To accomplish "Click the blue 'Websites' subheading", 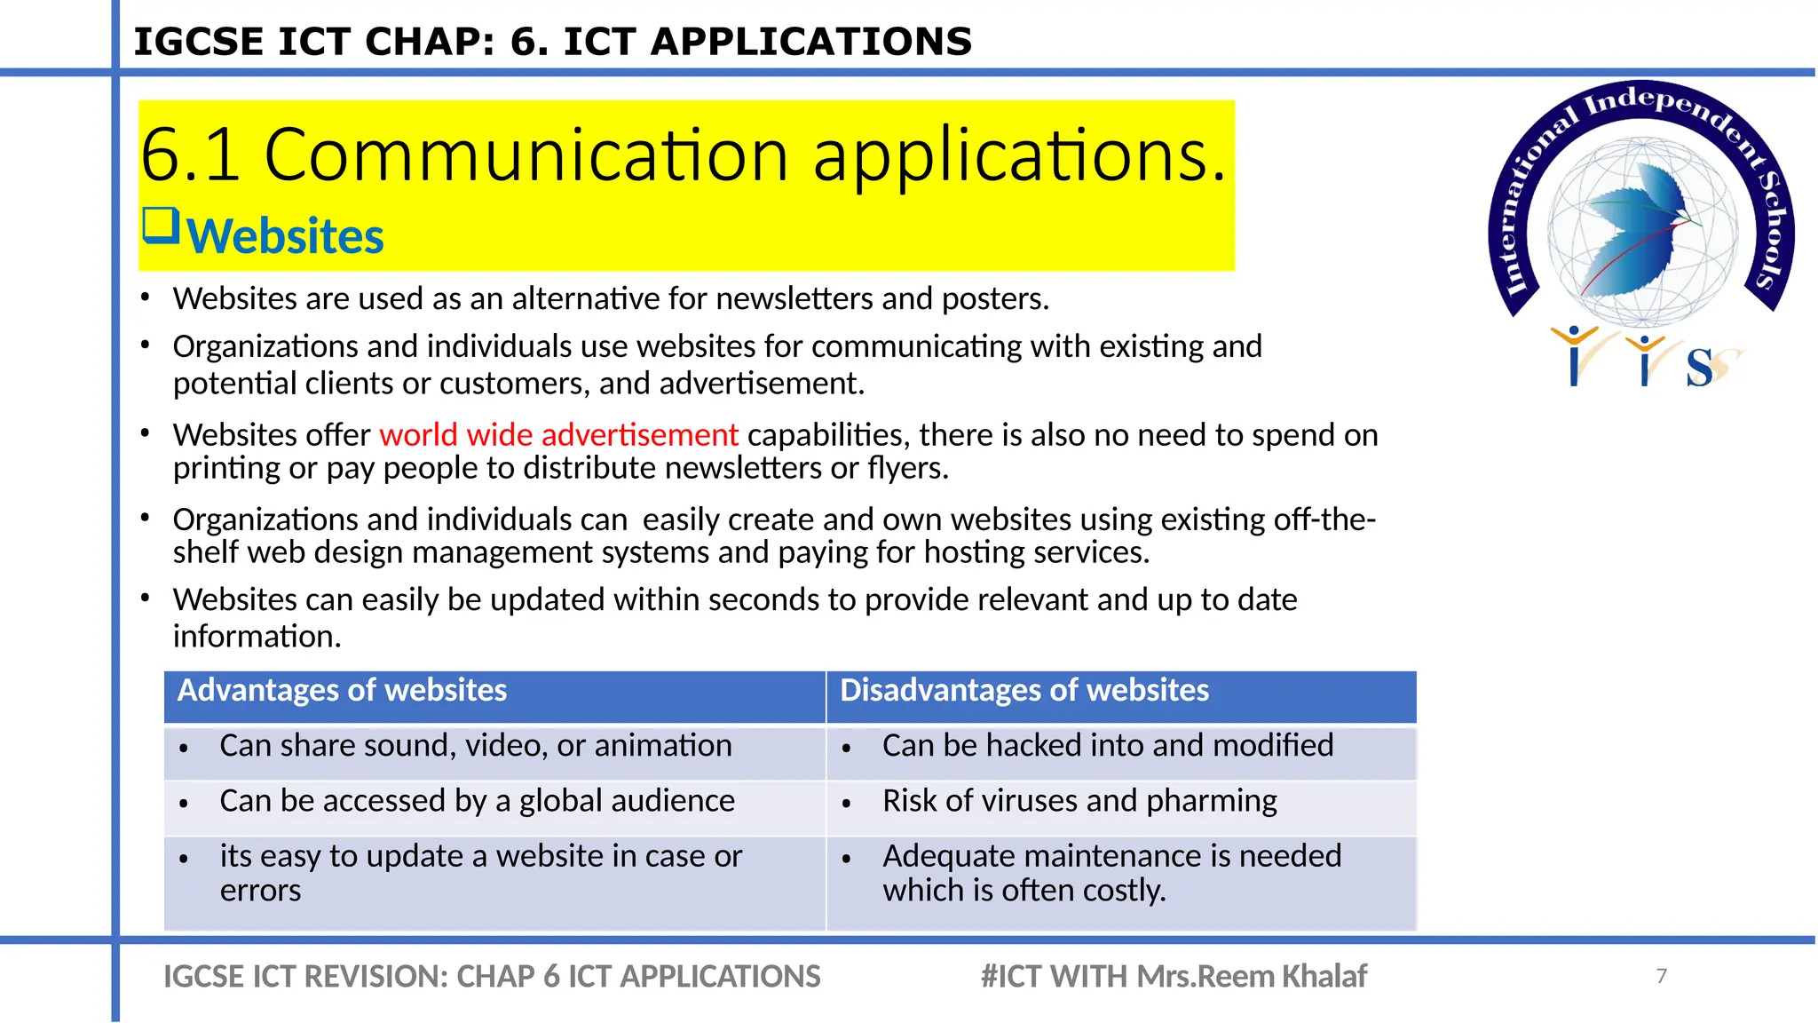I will [285, 237].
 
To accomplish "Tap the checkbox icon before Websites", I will [161, 226].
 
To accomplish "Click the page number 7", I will [1661, 976].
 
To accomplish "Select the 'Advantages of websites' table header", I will [342, 691].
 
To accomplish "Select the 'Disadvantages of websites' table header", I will [1024, 691].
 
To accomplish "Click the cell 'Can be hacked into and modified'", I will [1107, 746].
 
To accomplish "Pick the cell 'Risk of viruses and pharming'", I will [1079, 801].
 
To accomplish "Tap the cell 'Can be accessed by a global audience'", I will [477, 801].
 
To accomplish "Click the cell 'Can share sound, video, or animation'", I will [475, 746].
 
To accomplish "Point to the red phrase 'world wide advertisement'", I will [558, 435].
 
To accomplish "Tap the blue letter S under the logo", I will [1698, 368].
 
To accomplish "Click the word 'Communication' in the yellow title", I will [526, 155].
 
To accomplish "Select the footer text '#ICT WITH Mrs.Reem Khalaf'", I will [1173, 977].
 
